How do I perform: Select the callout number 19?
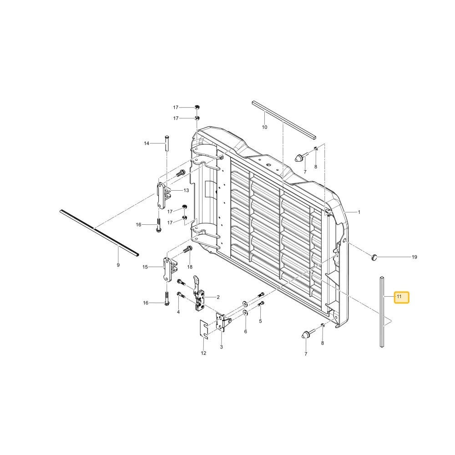pyautogui.click(x=415, y=257)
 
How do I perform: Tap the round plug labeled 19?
pyautogui.click(x=374, y=257)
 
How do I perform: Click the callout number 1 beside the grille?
pyautogui.click(x=359, y=212)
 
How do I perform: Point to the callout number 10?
pyautogui.click(x=265, y=127)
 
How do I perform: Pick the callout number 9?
pyautogui.click(x=118, y=265)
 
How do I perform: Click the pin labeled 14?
pyautogui.click(x=167, y=143)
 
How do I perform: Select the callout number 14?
pyautogui.click(x=147, y=143)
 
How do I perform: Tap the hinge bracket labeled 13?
pyautogui.click(x=162, y=195)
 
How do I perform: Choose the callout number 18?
pyautogui.click(x=190, y=267)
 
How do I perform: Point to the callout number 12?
pyautogui.click(x=203, y=353)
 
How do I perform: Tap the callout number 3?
pyautogui.click(x=222, y=347)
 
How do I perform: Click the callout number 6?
pyautogui.click(x=246, y=331)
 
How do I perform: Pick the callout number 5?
pyautogui.click(x=260, y=321)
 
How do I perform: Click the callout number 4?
pyautogui.click(x=178, y=312)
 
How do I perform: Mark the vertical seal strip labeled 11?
pyautogui.click(x=382, y=312)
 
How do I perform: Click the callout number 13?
pyautogui.click(x=186, y=190)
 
